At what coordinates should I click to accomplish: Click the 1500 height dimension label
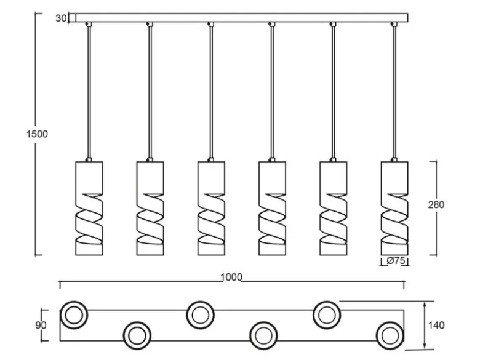click(37, 134)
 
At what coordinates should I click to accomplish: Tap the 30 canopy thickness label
click(60, 18)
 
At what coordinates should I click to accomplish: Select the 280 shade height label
click(436, 204)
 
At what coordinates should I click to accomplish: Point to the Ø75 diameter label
click(396, 261)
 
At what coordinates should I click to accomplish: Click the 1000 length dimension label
click(231, 278)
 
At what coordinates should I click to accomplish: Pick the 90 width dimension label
click(41, 325)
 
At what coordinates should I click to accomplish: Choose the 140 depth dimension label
click(436, 325)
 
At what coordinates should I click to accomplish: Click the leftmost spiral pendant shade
click(89, 208)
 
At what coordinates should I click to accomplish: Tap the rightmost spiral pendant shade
click(394, 208)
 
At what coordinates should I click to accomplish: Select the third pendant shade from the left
click(211, 208)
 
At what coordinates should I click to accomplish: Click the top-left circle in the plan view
click(74, 315)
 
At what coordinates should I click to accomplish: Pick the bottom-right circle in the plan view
click(390, 335)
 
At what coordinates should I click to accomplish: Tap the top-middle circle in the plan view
click(200, 315)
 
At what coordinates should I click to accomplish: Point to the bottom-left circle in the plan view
click(137, 335)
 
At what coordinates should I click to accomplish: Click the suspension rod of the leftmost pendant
click(89, 92)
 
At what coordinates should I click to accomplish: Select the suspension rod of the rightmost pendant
click(394, 92)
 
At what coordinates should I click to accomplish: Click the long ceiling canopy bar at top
click(242, 18)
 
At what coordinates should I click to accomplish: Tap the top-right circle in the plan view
click(327, 315)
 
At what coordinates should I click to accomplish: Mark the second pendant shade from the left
click(150, 208)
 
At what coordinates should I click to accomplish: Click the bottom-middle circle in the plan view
click(263, 335)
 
